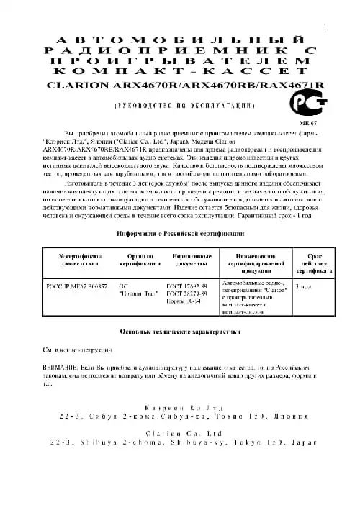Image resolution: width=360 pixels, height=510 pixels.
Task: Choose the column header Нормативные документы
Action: point(191,260)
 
